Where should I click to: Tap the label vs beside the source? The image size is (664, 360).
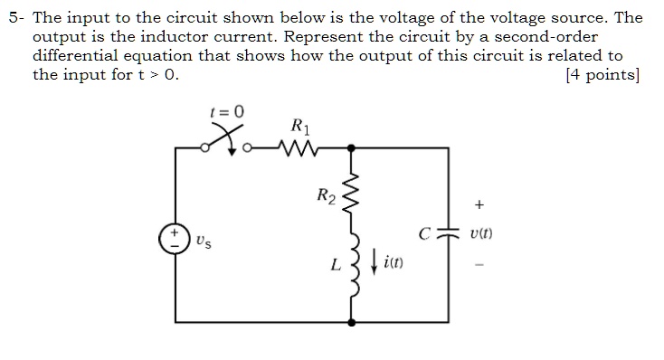coord(204,242)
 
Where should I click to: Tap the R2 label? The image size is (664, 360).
coord(326,194)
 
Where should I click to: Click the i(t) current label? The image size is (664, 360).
coord(394,263)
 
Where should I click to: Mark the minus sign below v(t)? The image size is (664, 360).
coord(479,265)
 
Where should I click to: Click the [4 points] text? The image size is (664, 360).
coord(602,75)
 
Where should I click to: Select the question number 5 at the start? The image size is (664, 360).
coord(9,16)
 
